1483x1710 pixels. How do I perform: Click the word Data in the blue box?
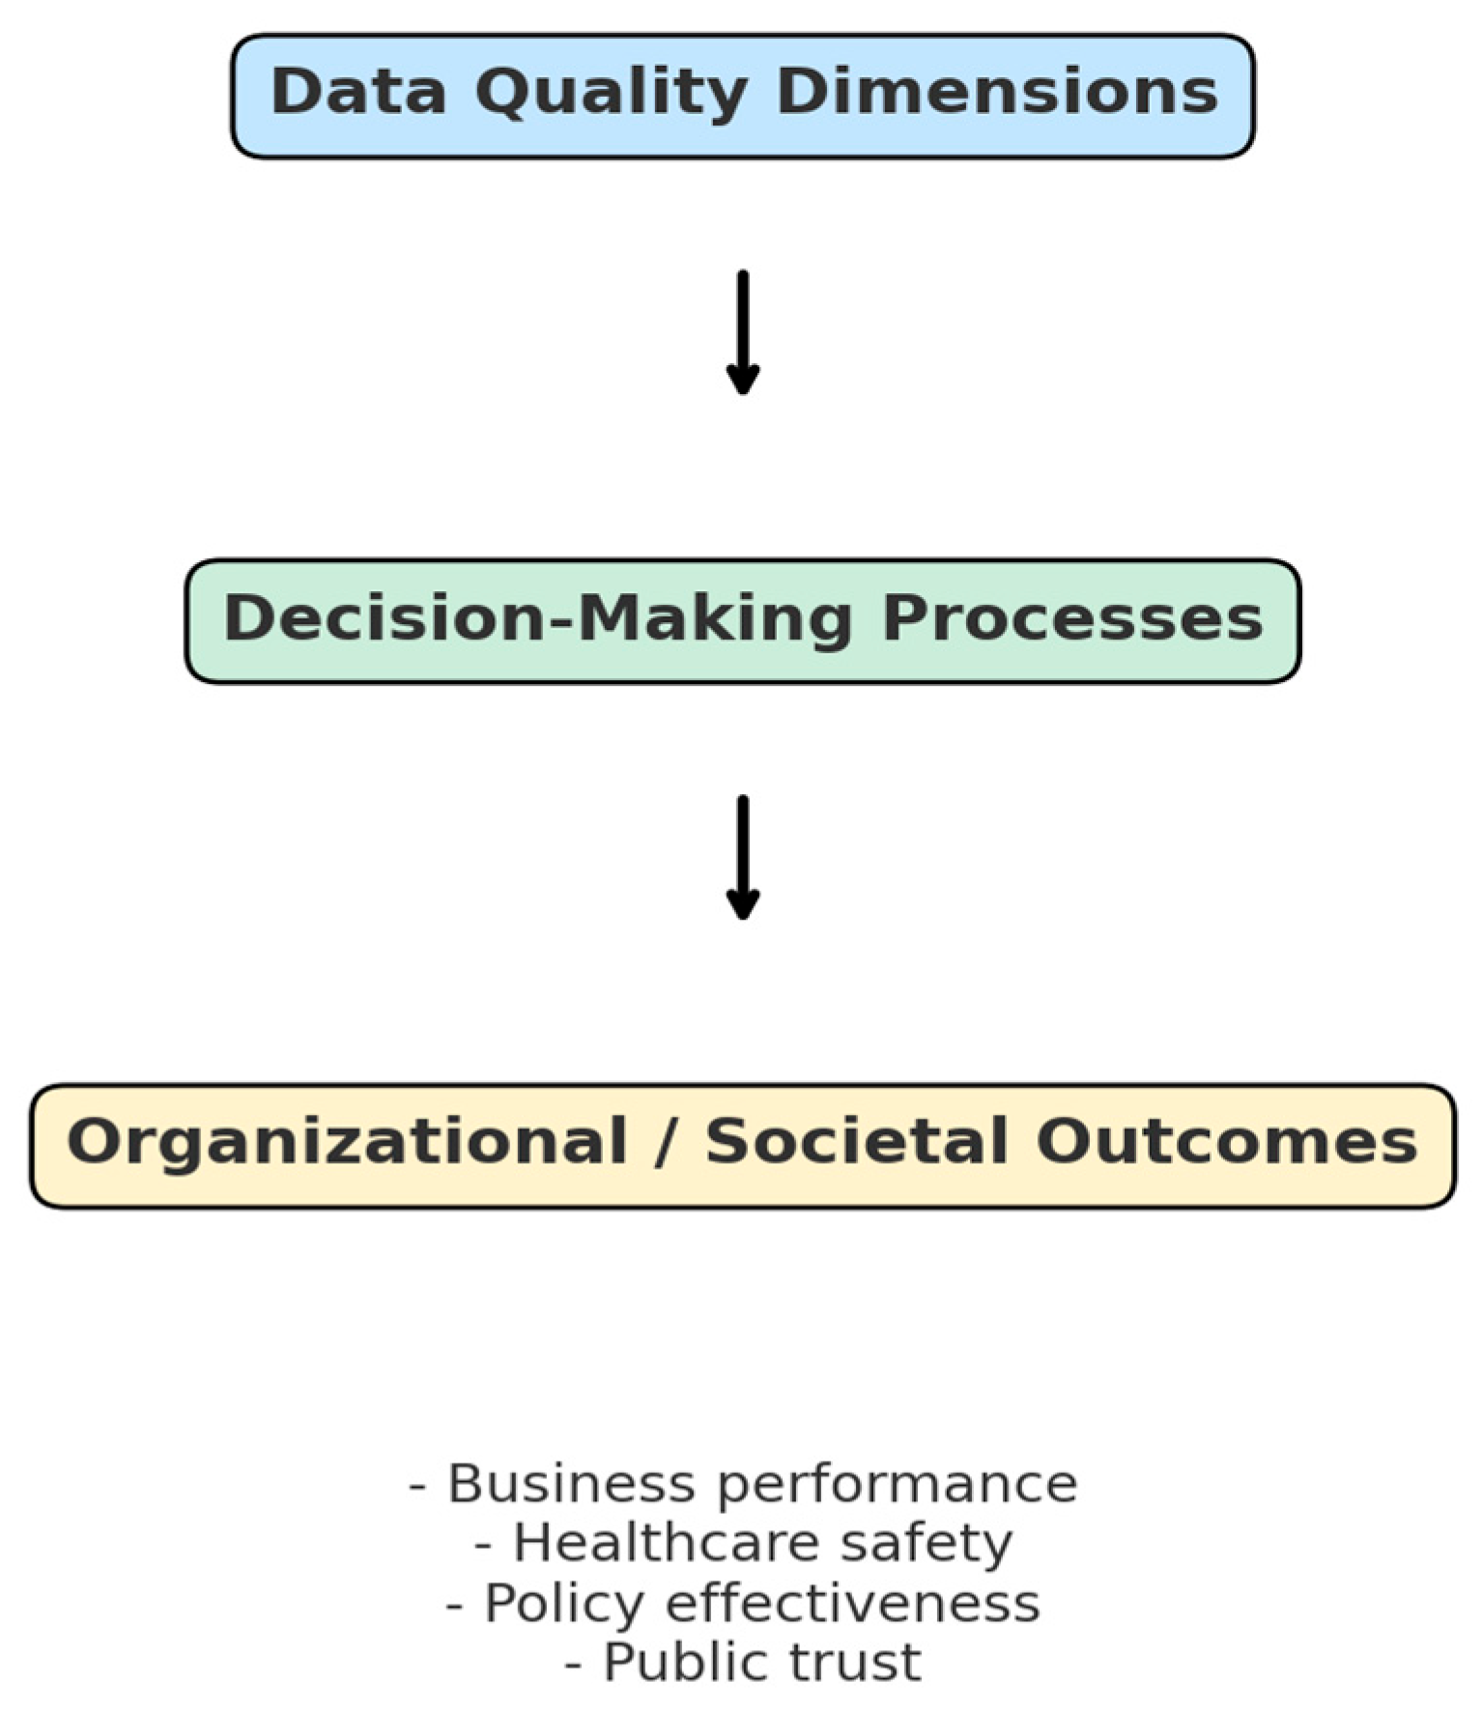pos(358,92)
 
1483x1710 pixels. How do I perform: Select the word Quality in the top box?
pos(611,94)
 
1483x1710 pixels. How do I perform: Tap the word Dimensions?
pos(996,92)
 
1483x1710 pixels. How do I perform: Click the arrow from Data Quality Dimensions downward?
pos(742,333)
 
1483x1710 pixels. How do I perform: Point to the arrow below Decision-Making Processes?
pos(742,858)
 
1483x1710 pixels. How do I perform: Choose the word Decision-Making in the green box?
pos(538,618)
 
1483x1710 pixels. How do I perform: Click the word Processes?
pos(1072,618)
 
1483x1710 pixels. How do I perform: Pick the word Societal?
pos(858,1142)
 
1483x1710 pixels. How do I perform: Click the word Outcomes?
pos(1226,1142)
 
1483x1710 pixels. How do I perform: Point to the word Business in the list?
pos(571,1484)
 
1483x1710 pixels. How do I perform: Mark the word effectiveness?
pos(852,1603)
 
